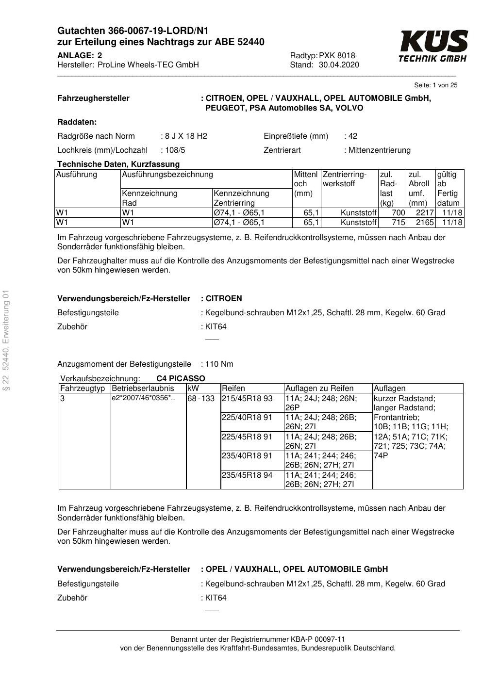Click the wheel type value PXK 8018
click(x=337, y=56)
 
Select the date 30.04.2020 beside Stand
click(x=339, y=65)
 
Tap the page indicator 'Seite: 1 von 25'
click(x=435, y=85)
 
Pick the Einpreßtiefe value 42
click(x=352, y=136)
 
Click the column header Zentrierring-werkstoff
click(x=345, y=179)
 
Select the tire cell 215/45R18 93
click(x=247, y=399)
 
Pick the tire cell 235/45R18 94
click(x=247, y=475)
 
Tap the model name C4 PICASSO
click(x=181, y=379)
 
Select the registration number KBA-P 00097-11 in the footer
click(x=317, y=639)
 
